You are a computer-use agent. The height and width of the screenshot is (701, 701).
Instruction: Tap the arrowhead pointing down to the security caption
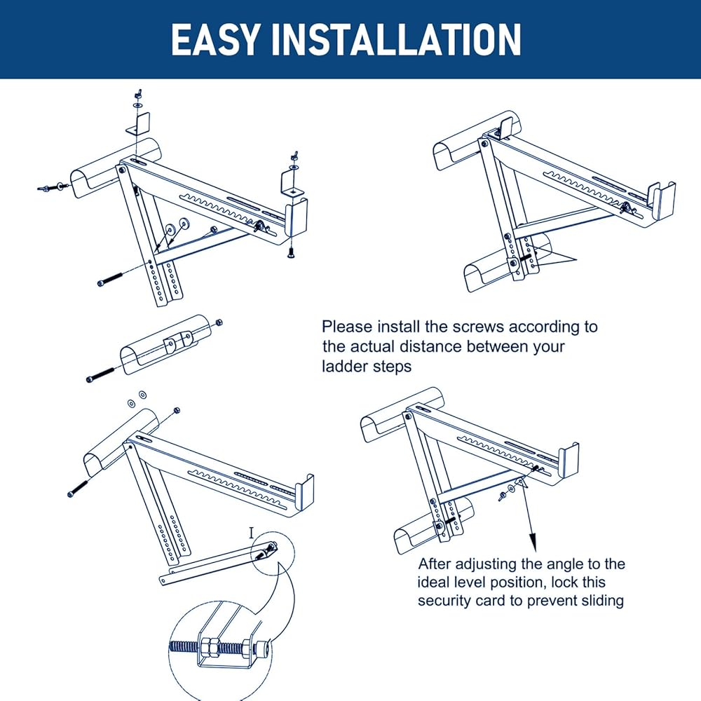[x=533, y=541]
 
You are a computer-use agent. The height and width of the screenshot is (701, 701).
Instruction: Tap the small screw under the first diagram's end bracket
[x=290, y=254]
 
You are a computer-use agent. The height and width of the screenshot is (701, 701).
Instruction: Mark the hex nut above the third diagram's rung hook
[x=175, y=409]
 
